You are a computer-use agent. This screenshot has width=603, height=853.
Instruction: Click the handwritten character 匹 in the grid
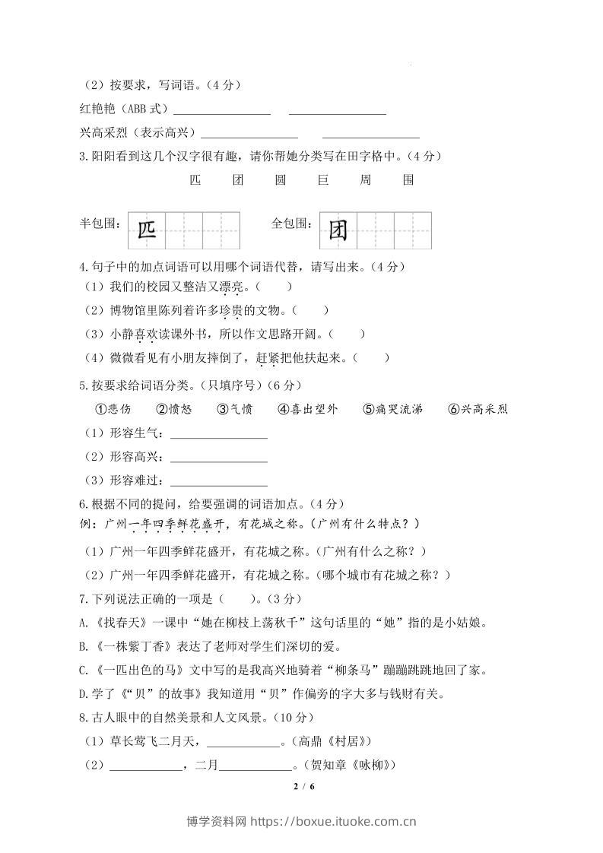click(x=147, y=231)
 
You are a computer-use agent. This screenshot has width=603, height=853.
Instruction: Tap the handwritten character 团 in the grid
click(x=338, y=231)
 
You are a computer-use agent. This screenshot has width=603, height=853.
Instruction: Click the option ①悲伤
click(x=112, y=409)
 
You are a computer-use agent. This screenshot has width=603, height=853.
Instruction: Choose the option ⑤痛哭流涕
click(x=392, y=409)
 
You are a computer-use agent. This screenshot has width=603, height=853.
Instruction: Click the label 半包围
click(x=100, y=224)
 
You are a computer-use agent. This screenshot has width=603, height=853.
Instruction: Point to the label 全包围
click(x=292, y=224)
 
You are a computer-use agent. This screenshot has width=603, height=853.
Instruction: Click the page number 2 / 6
click(x=303, y=785)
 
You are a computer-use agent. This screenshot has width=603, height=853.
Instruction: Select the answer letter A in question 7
click(x=83, y=623)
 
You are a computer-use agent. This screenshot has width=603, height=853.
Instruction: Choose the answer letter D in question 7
click(x=83, y=693)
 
